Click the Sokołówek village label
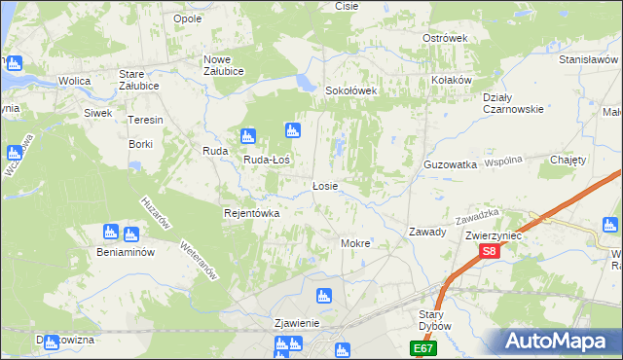coord(350,90)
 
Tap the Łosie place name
coord(325,185)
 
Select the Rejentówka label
coord(252,213)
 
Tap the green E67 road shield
coord(422,347)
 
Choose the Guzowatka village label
coord(450,165)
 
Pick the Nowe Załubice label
coord(223,65)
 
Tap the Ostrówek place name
coord(445,38)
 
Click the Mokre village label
coord(354,242)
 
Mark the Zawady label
coord(427,232)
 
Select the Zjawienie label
coord(298,322)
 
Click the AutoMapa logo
coord(560,342)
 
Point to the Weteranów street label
coord(199,260)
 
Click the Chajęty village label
coord(568,160)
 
